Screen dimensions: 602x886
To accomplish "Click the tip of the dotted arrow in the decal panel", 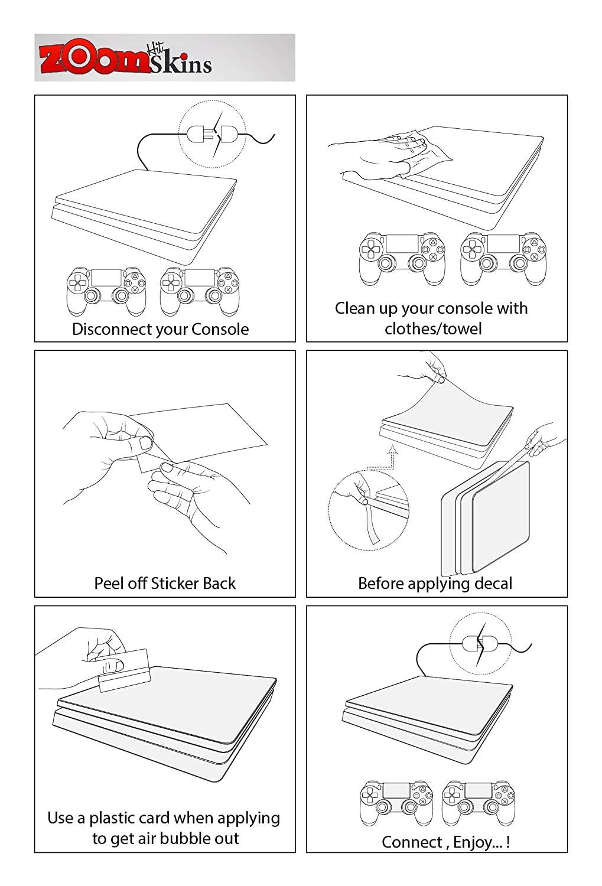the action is (x=392, y=446).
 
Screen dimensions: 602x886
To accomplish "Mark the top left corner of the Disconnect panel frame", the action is (x=35, y=95).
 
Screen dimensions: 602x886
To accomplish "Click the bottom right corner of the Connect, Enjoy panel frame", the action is (x=567, y=852).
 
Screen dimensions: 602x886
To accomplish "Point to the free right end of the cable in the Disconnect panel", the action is (x=274, y=135).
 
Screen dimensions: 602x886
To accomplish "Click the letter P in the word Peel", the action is (x=99, y=584).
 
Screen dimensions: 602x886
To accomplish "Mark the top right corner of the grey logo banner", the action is (x=295, y=34).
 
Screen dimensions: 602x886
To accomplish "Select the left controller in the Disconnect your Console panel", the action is (x=106, y=291).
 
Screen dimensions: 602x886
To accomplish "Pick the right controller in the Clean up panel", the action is (x=503, y=258).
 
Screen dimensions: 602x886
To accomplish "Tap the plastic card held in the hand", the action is (x=124, y=670).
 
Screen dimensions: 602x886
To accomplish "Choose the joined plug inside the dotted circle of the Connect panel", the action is (x=480, y=644).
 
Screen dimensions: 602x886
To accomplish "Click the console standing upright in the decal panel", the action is (x=485, y=518).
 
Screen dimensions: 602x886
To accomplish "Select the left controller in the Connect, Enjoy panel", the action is (x=396, y=803).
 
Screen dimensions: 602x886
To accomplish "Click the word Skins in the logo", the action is (x=180, y=63).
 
